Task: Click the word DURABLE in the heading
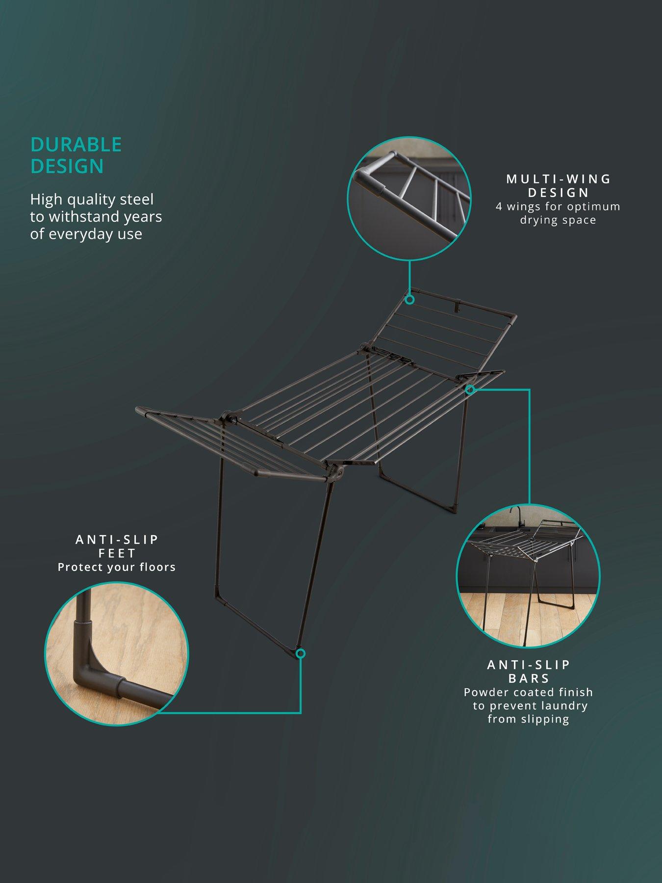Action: [x=76, y=145]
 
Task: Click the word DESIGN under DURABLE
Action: [x=67, y=166]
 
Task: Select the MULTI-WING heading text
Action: [x=559, y=179]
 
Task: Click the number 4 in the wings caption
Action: [x=499, y=207]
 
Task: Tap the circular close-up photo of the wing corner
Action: [x=409, y=199]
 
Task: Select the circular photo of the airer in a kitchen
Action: [x=528, y=576]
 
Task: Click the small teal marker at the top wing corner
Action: [x=410, y=299]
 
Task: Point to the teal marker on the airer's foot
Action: [x=301, y=653]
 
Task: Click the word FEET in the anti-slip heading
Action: [x=117, y=553]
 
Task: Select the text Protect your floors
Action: [x=117, y=567]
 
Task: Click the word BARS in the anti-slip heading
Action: [x=529, y=678]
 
